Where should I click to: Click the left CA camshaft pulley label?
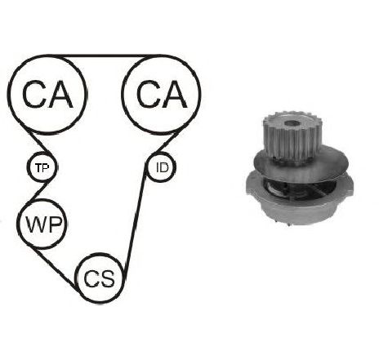(x=47, y=94)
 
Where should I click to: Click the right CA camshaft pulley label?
(x=162, y=94)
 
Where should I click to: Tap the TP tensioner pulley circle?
(x=42, y=167)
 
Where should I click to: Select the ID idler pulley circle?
(x=161, y=167)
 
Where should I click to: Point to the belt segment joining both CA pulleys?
(x=105, y=56)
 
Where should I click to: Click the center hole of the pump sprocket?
(x=292, y=123)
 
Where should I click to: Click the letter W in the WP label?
(x=34, y=224)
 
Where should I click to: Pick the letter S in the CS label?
(x=107, y=278)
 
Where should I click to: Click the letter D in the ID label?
(x=165, y=167)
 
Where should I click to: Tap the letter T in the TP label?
(x=39, y=167)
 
